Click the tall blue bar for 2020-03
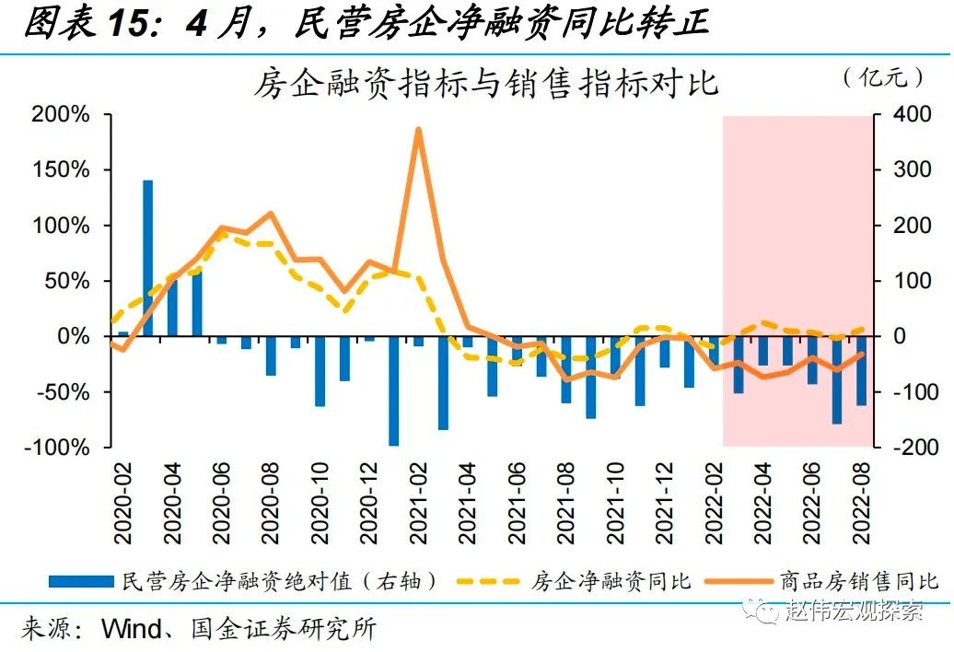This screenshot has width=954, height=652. click(147, 258)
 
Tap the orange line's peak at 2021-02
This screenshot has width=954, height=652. click(418, 130)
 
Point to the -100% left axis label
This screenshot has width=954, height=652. click(58, 448)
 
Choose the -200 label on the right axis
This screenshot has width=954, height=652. click(899, 448)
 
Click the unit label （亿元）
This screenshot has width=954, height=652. click(883, 78)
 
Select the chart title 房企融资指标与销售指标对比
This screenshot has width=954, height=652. click(486, 84)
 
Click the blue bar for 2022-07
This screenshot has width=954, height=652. click(837, 379)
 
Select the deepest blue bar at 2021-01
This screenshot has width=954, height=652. click(394, 390)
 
